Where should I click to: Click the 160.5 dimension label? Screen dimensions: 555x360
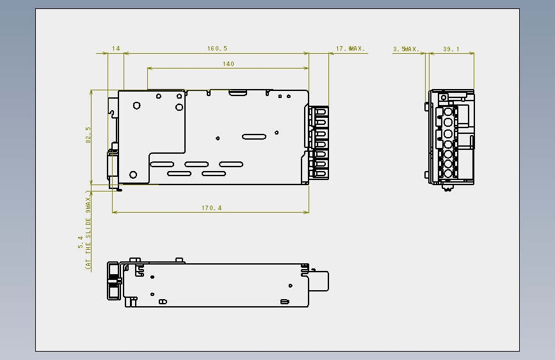(x=217, y=49)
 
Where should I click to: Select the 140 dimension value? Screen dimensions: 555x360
(x=229, y=64)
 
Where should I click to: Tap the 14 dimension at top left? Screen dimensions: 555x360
(x=116, y=49)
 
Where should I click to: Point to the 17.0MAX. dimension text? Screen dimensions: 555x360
(x=350, y=49)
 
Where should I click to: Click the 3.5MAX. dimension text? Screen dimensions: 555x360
(x=406, y=49)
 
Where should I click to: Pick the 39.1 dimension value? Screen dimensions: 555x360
(x=451, y=49)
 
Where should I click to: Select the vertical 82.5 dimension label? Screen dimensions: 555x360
(x=88, y=135)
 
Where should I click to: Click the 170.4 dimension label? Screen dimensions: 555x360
(x=212, y=208)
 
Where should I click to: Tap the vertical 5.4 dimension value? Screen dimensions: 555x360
(x=81, y=242)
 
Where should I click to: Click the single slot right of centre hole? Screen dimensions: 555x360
(x=254, y=137)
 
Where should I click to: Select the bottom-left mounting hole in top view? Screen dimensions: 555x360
(x=133, y=175)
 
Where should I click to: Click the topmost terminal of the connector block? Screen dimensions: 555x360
(x=321, y=111)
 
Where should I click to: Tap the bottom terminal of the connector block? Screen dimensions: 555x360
(x=321, y=174)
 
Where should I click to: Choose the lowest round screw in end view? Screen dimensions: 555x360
(x=447, y=174)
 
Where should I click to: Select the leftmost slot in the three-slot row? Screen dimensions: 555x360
(x=162, y=165)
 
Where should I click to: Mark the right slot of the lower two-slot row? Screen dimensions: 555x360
(x=214, y=174)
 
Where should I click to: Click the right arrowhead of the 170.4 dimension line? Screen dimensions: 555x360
(x=307, y=212)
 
